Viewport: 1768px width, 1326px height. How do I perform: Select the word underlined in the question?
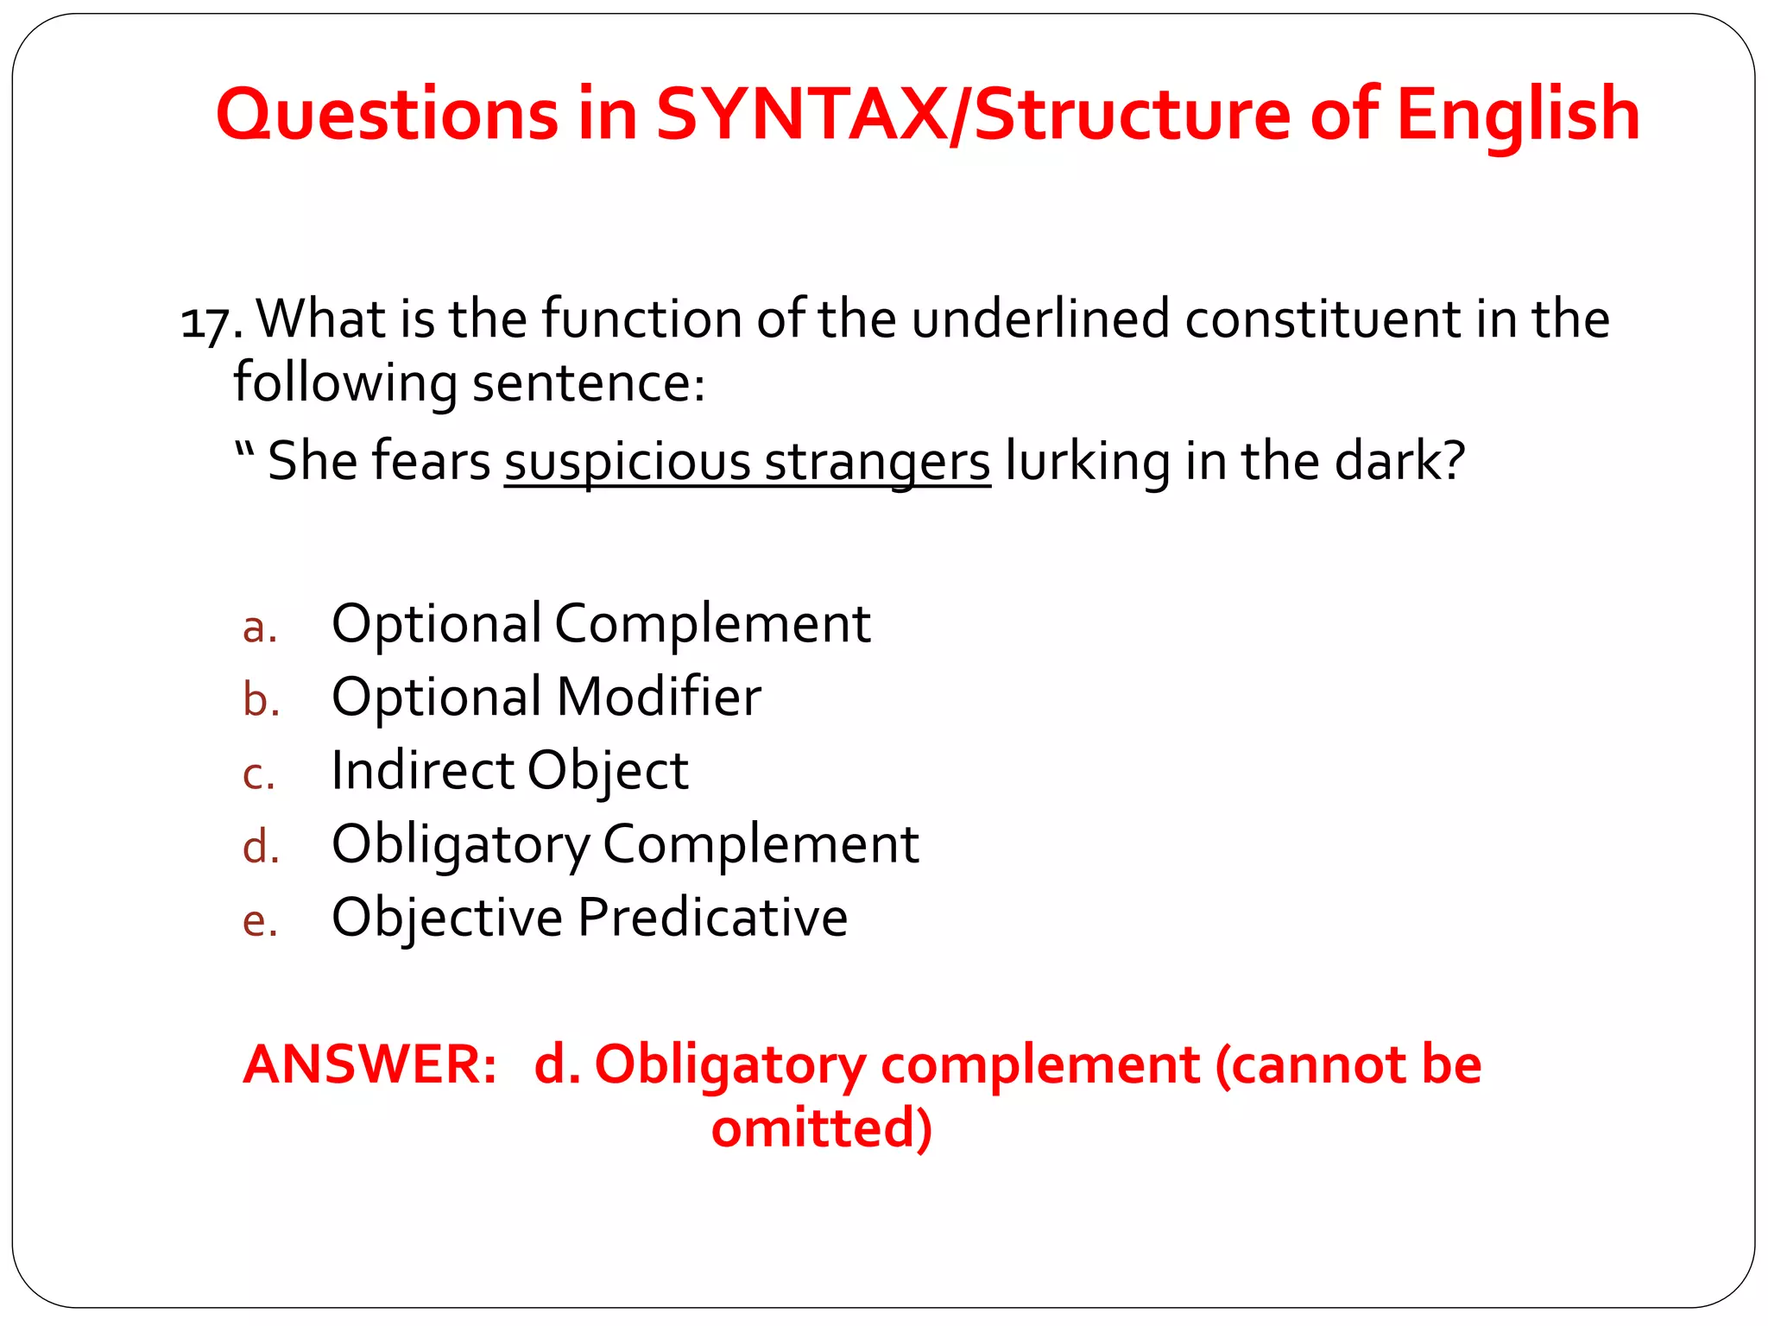click(1040, 319)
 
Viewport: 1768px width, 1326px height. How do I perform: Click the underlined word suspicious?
click(628, 461)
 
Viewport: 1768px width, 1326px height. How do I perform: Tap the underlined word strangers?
click(877, 461)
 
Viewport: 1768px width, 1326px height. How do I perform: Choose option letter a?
click(259, 628)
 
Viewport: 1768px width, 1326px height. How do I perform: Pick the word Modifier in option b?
click(659, 697)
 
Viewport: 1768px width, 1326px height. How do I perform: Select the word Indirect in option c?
click(422, 770)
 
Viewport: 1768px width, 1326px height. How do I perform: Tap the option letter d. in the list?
click(261, 847)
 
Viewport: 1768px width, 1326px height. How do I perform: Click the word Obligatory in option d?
click(460, 844)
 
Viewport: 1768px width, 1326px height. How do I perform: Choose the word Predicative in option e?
click(712, 917)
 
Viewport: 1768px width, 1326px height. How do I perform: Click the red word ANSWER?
click(370, 1064)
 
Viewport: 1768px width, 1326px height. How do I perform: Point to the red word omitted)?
click(821, 1128)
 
